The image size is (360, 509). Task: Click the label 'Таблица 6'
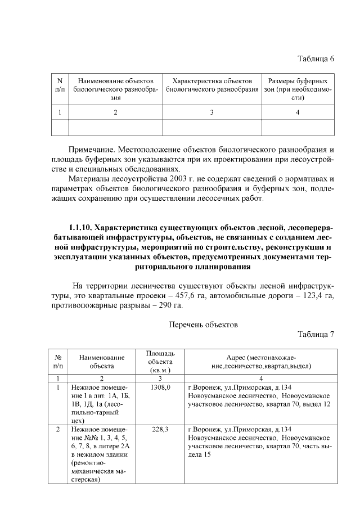click(315, 59)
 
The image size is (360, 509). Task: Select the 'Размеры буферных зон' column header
click(297, 89)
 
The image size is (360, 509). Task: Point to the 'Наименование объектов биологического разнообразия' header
click(115, 89)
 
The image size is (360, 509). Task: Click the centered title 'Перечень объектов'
click(204, 325)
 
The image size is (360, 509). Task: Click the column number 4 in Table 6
click(297, 112)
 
